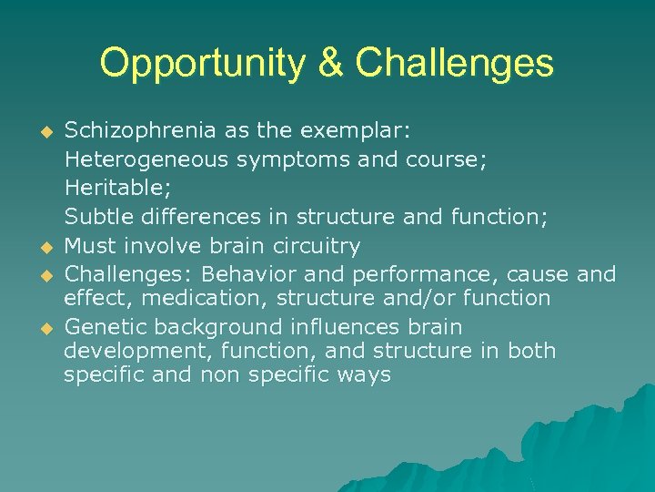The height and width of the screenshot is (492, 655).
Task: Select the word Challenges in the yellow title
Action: pos(455,64)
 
